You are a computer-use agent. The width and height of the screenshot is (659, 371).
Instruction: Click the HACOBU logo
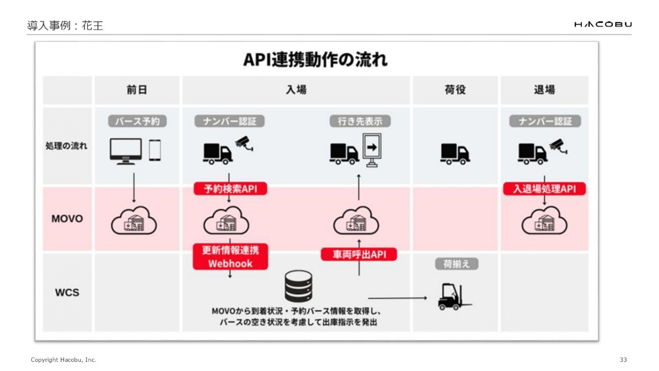coord(603,24)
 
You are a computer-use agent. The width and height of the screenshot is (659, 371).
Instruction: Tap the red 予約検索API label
coord(230,189)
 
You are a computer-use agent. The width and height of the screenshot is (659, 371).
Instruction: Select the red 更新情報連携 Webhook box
coord(230,256)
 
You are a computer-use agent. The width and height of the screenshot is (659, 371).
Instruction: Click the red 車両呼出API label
coord(359,254)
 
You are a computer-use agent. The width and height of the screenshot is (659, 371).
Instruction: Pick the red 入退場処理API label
coord(544,189)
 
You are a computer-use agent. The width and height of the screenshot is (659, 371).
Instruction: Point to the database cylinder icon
coord(298,286)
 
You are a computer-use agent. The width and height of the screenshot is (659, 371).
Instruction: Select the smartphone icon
coord(155,150)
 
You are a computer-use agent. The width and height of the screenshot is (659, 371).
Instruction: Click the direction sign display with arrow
coord(372,149)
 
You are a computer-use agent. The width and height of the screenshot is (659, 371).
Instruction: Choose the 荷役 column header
coord(455,90)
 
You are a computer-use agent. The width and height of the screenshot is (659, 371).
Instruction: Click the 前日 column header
coord(137,90)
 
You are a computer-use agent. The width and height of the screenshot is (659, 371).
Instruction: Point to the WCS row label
coord(67,292)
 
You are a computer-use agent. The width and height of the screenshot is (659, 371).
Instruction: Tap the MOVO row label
coord(67,219)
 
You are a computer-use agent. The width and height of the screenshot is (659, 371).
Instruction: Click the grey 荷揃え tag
coord(457,264)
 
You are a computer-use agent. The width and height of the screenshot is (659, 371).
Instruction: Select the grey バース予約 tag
coord(137,121)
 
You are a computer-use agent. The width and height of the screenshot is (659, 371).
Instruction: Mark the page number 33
coord(623,360)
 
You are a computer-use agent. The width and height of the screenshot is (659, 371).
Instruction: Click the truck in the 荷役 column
coord(455,153)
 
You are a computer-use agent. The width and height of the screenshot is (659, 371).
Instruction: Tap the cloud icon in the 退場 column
coord(544,221)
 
